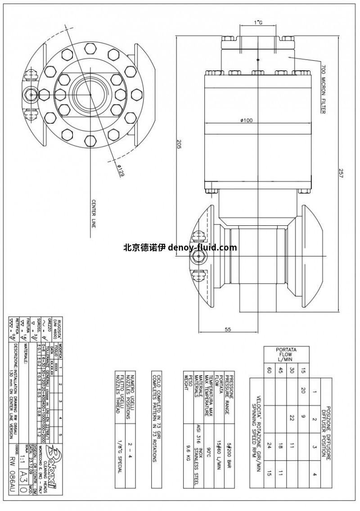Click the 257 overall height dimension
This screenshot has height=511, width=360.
(341, 173)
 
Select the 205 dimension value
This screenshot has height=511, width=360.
(179, 144)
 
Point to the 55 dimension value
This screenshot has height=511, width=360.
(228, 329)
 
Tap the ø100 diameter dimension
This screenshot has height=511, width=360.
(246, 120)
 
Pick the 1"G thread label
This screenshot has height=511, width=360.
(258, 22)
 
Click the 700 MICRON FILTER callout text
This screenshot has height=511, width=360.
(323, 89)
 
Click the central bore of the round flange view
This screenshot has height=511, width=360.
(90, 94)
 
